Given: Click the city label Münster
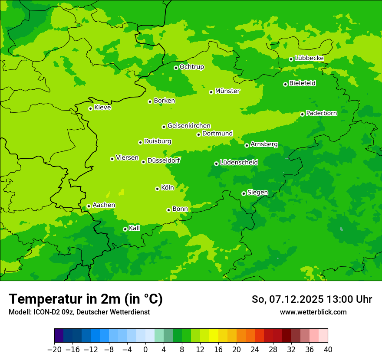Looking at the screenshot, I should click(x=227, y=91).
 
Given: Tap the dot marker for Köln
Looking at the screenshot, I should click(x=157, y=189).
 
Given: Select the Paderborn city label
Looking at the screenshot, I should click(x=321, y=114).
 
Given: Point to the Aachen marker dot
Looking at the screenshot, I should click(x=89, y=206).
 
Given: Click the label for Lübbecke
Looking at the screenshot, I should click(x=309, y=58).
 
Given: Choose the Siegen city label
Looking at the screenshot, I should click(x=257, y=193).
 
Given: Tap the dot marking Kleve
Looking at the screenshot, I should click(x=90, y=108).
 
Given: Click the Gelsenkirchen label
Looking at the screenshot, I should click(x=189, y=126).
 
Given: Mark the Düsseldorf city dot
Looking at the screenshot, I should click(x=143, y=162).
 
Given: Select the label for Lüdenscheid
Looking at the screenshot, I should click(x=239, y=163).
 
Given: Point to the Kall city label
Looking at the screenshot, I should click(x=135, y=228).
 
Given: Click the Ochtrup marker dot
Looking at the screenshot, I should click(x=176, y=68).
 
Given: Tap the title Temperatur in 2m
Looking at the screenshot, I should click(x=86, y=299).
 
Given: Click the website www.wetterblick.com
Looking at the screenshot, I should click(x=313, y=312).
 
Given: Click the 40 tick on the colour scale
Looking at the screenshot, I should click(x=328, y=350).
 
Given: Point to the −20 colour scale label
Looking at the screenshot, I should click(x=54, y=350).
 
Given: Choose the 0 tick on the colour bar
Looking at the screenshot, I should click(x=145, y=350).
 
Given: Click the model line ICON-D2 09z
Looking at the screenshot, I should click(x=79, y=312).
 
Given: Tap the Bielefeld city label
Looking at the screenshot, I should click(x=302, y=83).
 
